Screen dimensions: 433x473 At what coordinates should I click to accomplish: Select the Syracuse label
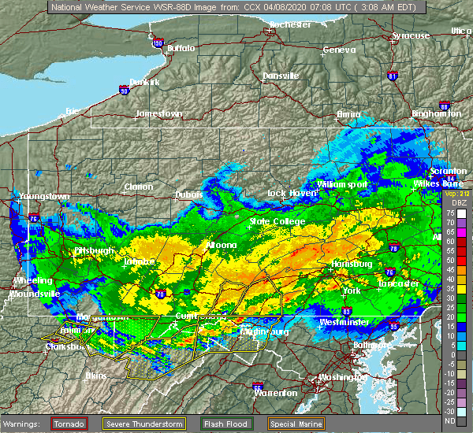point(412,35)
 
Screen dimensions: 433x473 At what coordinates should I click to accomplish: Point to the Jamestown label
point(158,113)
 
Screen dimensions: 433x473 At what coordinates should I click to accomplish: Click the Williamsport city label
point(343,184)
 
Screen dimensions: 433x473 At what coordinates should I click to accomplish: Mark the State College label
point(277,222)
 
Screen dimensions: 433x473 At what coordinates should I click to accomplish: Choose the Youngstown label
point(45,196)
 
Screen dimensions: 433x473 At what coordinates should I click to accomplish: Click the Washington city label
point(343,377)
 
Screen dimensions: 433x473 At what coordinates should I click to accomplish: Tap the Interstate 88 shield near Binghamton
point(445,105)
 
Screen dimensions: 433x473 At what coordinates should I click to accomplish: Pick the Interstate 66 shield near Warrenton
point(257,387)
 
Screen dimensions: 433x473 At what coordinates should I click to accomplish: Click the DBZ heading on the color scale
point(450,203)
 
